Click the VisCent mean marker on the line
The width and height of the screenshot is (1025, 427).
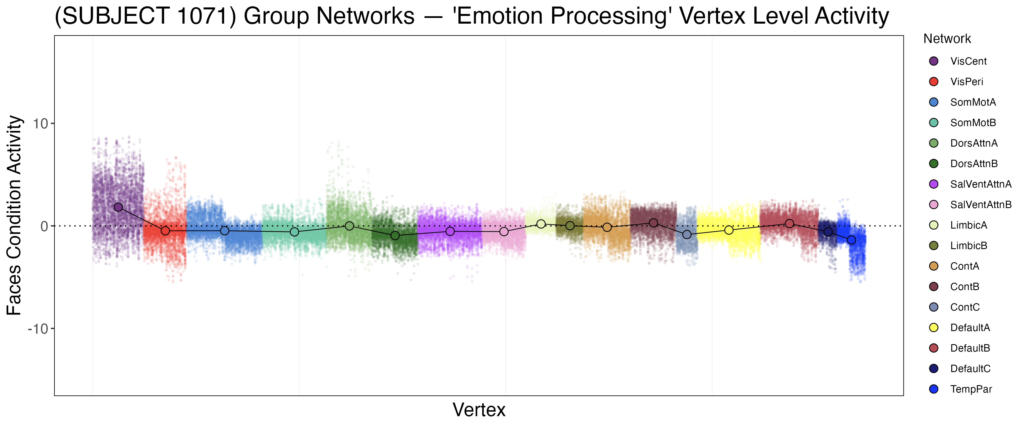(x=118, y=207)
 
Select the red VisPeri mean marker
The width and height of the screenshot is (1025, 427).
(x=165, y=231)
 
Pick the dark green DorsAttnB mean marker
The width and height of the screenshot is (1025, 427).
(x=395, y=236)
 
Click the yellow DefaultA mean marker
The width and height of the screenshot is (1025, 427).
(x=729, y=230)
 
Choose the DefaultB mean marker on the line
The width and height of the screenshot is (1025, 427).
(x=790, y=224)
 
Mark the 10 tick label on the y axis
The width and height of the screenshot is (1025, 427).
(x=40, y=124)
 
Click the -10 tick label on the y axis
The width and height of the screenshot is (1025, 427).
(x=38, y=329)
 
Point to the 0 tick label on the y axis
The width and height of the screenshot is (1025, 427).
(x=44, y=226)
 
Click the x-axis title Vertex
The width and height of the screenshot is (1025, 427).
(x=479, y=410)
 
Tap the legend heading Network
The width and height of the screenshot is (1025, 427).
(x=947, y=39)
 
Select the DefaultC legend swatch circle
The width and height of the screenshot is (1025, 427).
(x=934, y=369)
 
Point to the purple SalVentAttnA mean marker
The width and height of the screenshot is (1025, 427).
(x=450, y=231)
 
